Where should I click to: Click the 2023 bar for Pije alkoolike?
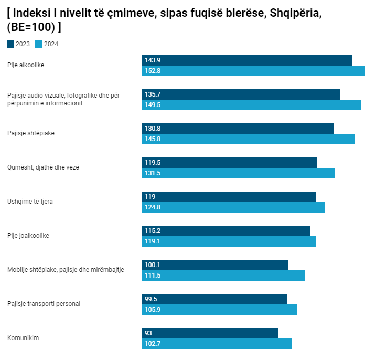click(x=247, y=60)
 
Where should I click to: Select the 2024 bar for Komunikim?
click(x=217, y=344)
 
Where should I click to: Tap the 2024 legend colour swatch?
click(x=38, y=44)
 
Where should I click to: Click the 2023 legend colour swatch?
click(x=10, y=44)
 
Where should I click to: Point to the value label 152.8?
click(x=153, y=71)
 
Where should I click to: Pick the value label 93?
click(x=148, y=333)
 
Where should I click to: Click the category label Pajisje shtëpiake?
click(x=31, y=133)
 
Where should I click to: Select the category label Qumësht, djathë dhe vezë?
click(x=43, y=167)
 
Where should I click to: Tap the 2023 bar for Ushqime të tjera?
click(x=229, y=197)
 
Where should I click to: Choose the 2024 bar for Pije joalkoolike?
click(x=229, y=241)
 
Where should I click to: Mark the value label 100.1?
click(x=152, y=265)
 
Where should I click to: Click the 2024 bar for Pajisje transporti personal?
click(x=219, y=310)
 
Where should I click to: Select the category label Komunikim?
click(x=23, y=338)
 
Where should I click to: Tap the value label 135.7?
click(x=152, y=94)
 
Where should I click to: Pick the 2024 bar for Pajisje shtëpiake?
click(x=249, y=139)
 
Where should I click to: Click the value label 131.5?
click(x=152, y=173)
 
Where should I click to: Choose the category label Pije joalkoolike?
click(x=28, y=236)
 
